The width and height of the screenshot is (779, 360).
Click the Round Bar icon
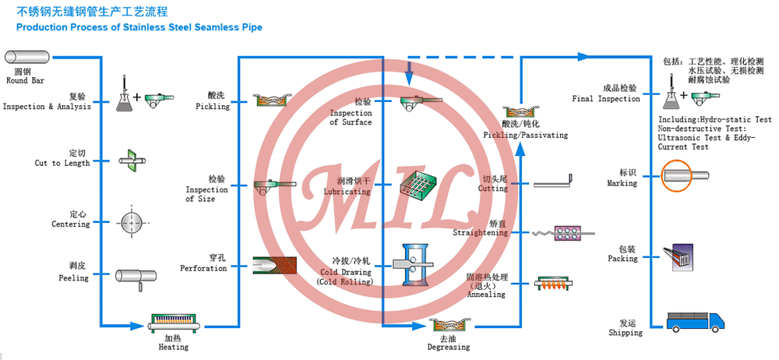click(27, 57)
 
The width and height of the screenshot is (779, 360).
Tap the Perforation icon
click(274, 266)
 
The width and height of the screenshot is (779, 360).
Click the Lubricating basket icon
click(419, 183)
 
